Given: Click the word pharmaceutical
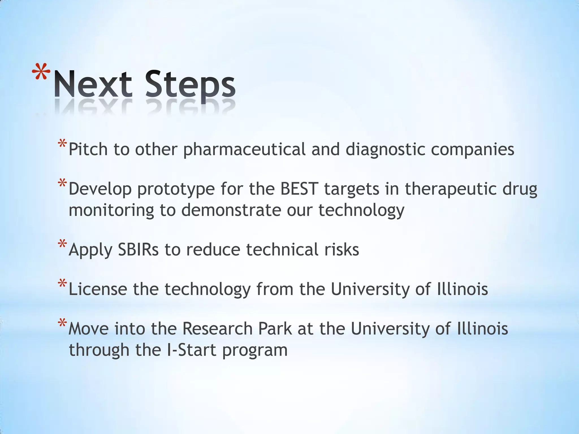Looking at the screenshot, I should pos(244,150).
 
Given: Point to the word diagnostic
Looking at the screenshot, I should pos(385,150).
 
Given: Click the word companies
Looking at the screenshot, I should pos(472,150).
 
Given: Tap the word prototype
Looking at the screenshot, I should pos(176,189).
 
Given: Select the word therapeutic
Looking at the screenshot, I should pos(451,189).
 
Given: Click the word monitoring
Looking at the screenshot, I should pos(111,211).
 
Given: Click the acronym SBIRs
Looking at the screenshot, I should pos(138,250).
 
